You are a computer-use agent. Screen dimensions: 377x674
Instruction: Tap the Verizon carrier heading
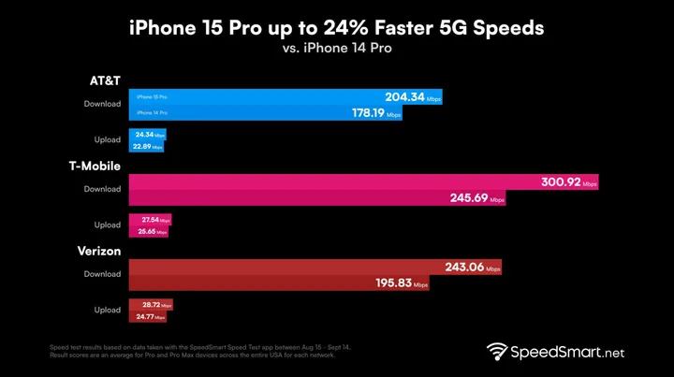(100, 251)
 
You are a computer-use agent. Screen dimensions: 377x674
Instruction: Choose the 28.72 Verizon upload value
(152, 305)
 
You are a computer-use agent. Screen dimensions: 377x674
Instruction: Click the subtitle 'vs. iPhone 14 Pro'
(336, 49)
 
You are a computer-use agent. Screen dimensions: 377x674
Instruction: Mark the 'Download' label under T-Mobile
(103, 189)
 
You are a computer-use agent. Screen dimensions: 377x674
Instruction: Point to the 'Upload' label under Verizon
(108, 310)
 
